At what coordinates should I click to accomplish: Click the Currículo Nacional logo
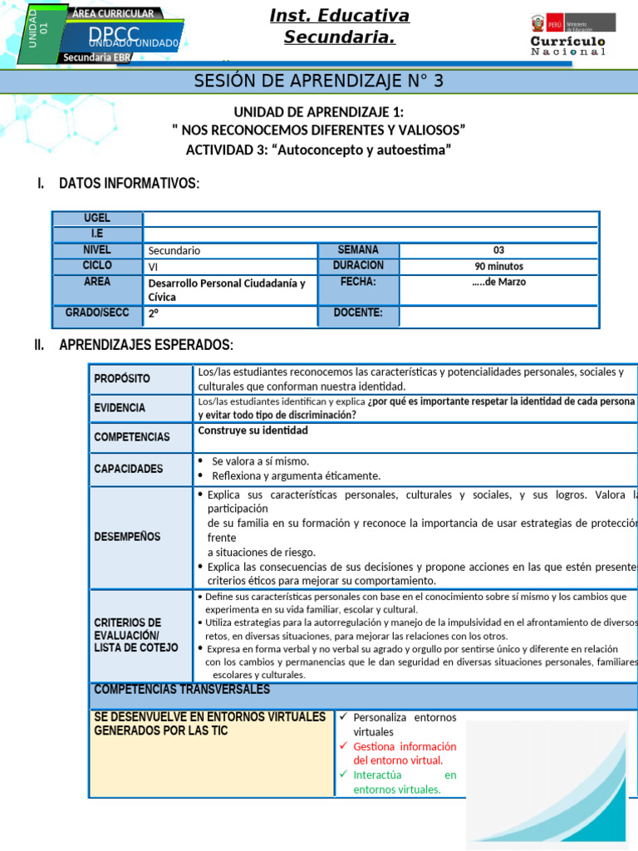point(567,34)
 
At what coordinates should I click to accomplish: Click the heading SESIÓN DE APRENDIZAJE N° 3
point(319,81)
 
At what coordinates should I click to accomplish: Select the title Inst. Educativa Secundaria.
point(339,27)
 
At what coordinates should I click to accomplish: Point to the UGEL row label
point(97,219)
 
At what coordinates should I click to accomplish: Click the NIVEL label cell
point(97,250)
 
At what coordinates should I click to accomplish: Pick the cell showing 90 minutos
point(498,266)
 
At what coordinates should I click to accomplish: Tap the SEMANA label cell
point(358,250)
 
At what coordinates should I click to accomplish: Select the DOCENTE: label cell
point(358,313)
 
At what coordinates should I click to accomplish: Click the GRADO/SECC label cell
point(97,313)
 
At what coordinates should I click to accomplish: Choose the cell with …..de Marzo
point(498,283)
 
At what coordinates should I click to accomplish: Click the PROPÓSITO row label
point(122,378)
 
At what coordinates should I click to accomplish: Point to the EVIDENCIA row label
point(120,408)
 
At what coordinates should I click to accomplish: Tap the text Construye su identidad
point(253,430)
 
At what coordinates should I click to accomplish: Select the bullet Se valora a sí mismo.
point(260,461)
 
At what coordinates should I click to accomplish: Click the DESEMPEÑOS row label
point(127,536)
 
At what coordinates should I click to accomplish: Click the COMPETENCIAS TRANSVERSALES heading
point(182,690)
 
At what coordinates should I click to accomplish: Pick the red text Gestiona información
point(405,746)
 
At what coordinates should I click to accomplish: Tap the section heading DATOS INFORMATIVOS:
point(129,183)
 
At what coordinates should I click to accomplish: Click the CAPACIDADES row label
point(129,469)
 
